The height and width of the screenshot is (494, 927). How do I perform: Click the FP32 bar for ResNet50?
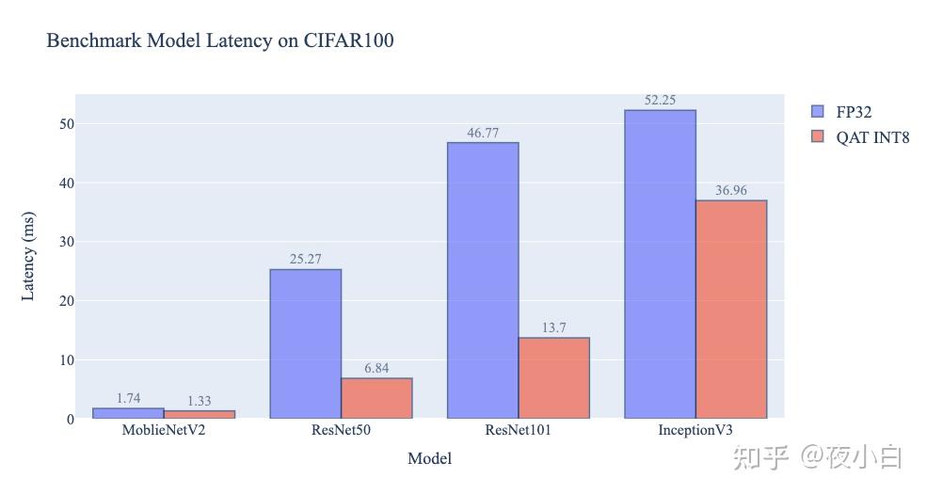(x=305, y=343)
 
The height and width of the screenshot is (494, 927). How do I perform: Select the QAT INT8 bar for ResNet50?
(x=376, y=398)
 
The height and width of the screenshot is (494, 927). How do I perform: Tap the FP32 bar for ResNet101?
(x=483, y=279)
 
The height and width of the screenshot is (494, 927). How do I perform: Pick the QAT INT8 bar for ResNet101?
(x=553, y=377)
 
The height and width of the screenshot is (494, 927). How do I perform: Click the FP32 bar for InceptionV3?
(x=660, y=263)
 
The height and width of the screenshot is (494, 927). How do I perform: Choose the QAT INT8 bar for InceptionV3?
(x=731, y=309)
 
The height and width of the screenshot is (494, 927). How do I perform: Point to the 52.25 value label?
(x=660, y=101)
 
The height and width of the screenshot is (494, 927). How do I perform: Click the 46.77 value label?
(x=483, y=133)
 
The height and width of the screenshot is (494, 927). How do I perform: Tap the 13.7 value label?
(x=553, y=328)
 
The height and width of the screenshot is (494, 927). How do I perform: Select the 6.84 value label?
(x=376, y=368)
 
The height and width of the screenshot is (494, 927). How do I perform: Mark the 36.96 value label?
(x=731, y=191)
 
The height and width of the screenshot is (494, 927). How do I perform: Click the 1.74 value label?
(x=128, y=399)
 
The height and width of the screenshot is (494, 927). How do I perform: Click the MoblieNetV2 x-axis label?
(x=164, y=431)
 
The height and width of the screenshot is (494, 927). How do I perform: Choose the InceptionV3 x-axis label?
(x=695, y=431)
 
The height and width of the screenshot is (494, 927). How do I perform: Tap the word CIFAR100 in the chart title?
(x=348, y=41)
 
